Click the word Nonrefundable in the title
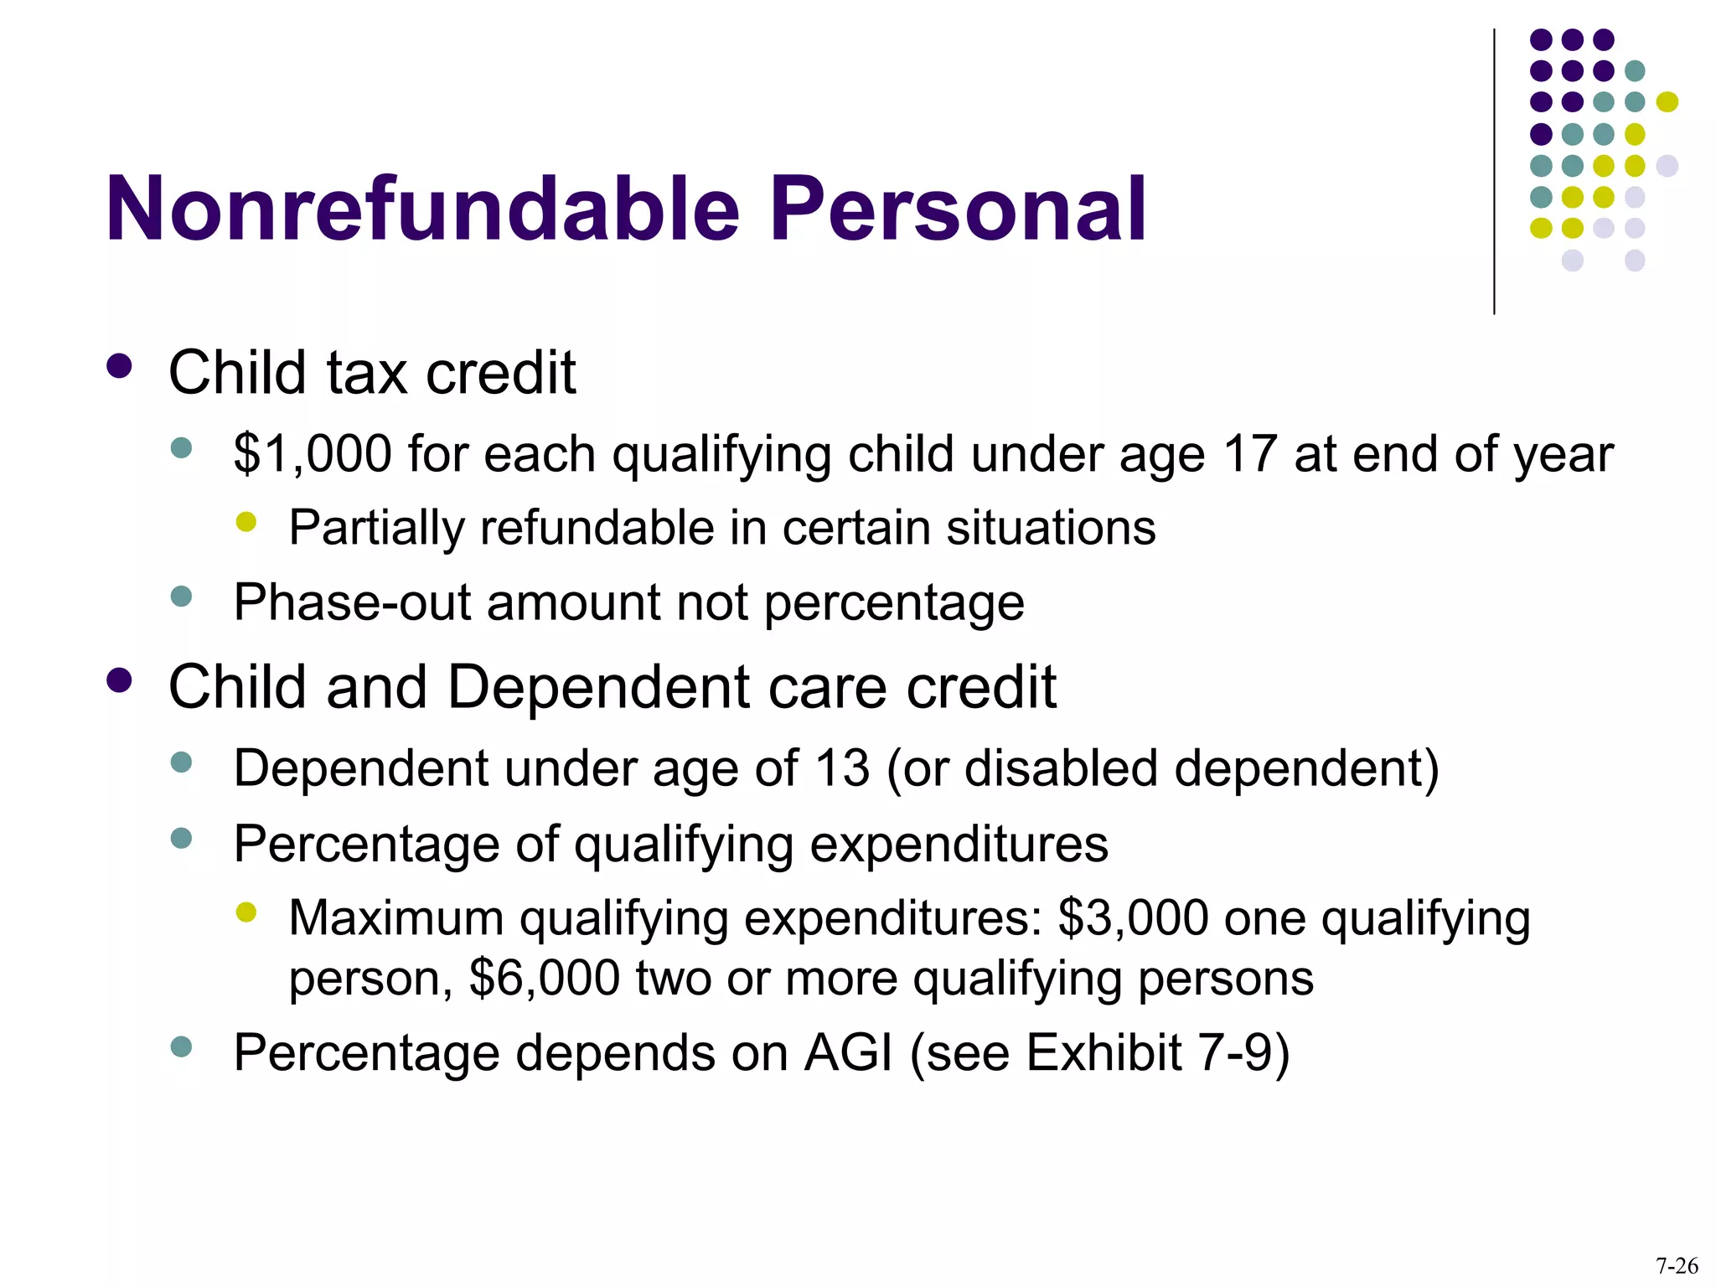423,209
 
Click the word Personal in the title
957,209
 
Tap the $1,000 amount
313,455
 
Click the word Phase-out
352,602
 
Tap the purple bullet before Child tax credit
120,366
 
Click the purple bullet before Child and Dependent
120,680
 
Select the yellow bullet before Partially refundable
246,523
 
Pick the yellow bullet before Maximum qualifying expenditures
246,912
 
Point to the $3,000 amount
1134,918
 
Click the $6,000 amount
545,979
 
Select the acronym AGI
848,1053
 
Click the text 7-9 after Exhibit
1232,1053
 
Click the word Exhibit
1104,1053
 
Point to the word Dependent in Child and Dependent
599,688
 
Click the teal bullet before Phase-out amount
181,597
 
